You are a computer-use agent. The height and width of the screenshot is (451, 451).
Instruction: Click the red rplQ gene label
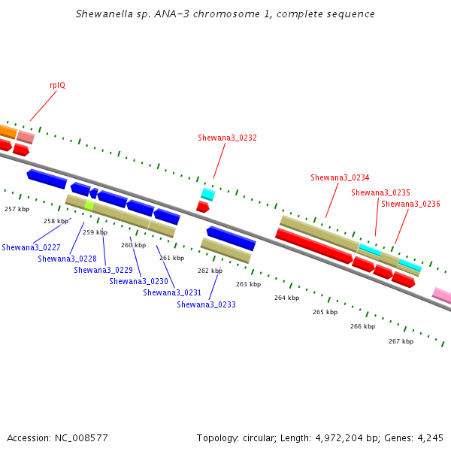coord(58,86)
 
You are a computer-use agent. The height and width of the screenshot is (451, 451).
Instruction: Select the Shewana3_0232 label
coord(227,138)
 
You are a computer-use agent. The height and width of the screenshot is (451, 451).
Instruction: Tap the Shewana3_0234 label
coord(340,177)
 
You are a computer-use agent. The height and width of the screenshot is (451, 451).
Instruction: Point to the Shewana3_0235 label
coord(380,192)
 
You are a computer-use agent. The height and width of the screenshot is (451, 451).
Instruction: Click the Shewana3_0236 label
coord(410,204)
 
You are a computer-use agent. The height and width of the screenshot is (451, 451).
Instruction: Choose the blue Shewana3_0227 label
coord(31,247)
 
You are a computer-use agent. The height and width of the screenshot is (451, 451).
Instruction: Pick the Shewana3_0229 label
coord(103,270)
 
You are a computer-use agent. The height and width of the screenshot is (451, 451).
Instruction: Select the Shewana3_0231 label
coord(172,293)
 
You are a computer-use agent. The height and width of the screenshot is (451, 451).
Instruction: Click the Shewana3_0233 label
coord(206,304)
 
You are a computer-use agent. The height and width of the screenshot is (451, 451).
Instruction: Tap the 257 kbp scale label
coord(17,209)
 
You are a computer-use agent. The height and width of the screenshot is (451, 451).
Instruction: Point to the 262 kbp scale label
coord(210,271)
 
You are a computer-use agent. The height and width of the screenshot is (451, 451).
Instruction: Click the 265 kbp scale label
coord(325,312)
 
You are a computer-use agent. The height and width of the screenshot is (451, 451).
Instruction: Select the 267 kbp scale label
coord(401,341)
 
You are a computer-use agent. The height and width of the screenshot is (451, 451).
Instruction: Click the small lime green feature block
coord(89,206)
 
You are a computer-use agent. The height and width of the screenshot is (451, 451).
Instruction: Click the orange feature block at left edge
coord(8,132)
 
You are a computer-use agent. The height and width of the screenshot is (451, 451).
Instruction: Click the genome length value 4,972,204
coord(339,438)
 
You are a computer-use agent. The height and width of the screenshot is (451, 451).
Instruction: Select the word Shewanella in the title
coord(104,14)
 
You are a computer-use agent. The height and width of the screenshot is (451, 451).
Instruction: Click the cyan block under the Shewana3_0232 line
coord(208,194)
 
